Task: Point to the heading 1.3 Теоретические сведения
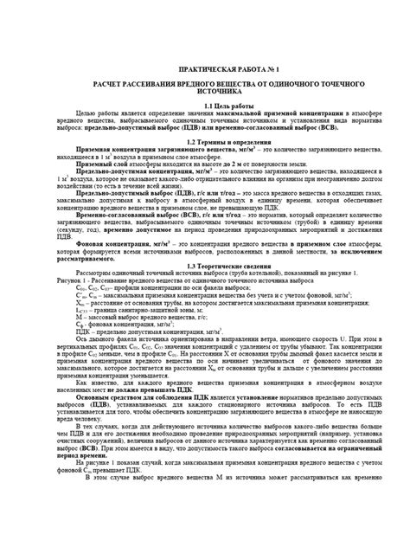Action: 206,266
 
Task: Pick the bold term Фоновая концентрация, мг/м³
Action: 125,246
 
